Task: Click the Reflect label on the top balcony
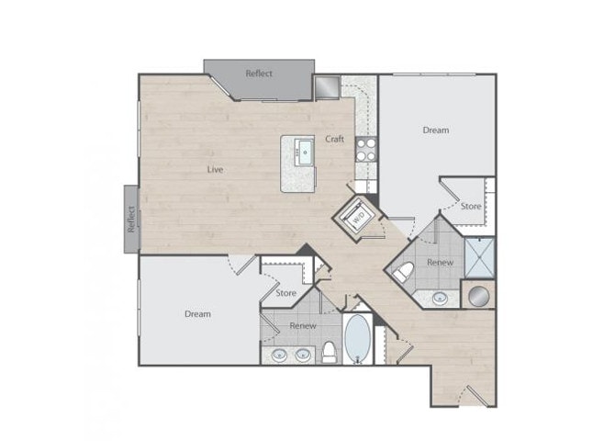pos(259,73)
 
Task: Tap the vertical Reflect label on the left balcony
pos(131,218)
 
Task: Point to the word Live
pos(215,169)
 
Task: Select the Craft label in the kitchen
pos(334,139)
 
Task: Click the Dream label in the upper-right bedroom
pos(436,130)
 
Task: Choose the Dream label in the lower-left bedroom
pos(197,313)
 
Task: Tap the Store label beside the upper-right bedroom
pos(470,207)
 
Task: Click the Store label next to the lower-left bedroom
pos(285,294)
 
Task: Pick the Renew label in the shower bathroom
pos(441,263)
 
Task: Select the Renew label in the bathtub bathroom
pos(303,325)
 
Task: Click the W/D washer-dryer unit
pos(357,217)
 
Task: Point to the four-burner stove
pos(365,149)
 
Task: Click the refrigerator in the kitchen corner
pos(328,88)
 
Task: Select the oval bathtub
pos(357,339)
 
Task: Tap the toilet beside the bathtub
pos(329,350)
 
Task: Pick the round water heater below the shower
pos(478,296)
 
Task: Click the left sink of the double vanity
pos(278,354)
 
